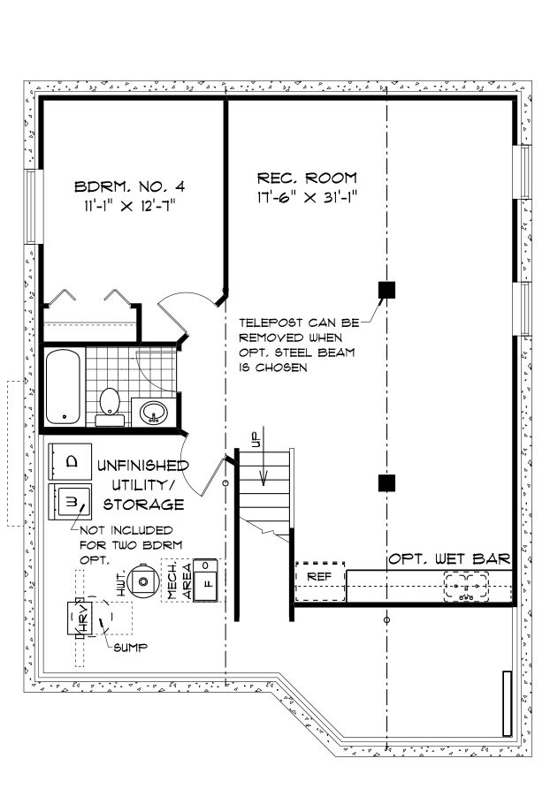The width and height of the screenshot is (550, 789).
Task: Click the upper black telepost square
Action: (386, 289)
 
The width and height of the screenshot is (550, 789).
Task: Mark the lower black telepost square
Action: (386, 482)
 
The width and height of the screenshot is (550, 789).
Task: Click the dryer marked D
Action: (72, 460)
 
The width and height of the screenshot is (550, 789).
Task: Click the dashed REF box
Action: (319, 576)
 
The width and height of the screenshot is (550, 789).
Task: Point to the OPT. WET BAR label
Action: (448, 558)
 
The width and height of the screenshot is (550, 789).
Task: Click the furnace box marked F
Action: (205, 582)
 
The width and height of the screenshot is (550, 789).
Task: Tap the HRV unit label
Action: (77, 619)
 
